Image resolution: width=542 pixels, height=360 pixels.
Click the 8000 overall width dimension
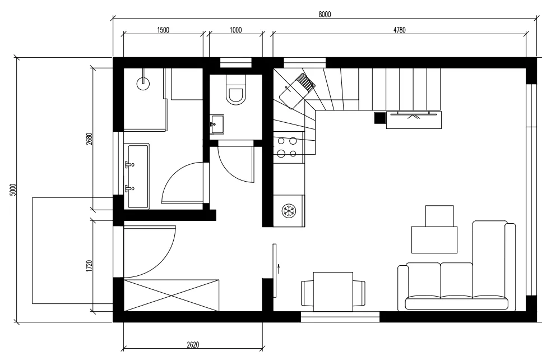[325, 14]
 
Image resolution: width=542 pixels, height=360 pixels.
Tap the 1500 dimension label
[163, 30]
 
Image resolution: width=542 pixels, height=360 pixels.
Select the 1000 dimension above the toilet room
[236, 30]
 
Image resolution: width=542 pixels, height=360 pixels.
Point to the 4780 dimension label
[399, 30]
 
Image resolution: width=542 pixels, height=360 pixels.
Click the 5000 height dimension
[13, 190]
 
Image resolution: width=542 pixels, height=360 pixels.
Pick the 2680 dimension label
[90, 139]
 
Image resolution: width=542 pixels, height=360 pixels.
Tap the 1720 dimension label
[90, 266]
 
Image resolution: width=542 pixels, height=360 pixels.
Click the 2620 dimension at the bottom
[193, 344]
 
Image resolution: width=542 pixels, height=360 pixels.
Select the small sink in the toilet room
[217, 124]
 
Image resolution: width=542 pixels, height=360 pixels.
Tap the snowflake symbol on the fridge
[288, 211]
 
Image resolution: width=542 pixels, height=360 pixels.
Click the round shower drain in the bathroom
[143, 84]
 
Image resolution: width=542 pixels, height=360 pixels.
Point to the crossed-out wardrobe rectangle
[171, 296]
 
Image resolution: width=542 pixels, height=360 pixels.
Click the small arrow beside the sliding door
[279, 269]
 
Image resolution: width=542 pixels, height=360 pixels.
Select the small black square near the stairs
[380, 118]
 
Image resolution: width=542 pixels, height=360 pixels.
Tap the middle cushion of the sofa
[457, 281]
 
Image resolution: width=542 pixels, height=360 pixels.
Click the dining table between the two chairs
[333, 292]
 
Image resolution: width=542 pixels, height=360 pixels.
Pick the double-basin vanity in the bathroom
[138, 176]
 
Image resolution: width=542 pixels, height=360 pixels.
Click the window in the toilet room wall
[236, 63]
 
